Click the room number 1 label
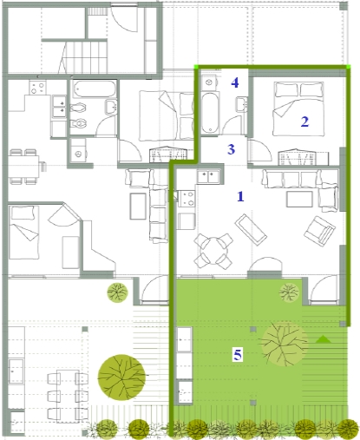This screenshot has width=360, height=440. click(x=240, y=196)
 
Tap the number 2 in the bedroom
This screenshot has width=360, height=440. click(x=304, y=121)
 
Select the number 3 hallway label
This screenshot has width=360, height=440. click(x=231, y=149)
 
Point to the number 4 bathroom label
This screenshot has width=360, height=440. click(x=235, y=82)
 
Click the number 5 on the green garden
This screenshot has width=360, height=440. click(x=238, y=354)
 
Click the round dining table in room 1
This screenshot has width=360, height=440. click(x=213, y=251)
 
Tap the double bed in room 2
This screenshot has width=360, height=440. click(x=298, y=108)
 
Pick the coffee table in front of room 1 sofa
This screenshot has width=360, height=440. click(x=299, y=199)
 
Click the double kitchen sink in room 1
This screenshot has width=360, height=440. click(x=209, y=176)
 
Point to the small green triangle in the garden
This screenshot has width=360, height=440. click(x=324, y=339)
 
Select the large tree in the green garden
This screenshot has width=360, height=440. click(x=284, y=344)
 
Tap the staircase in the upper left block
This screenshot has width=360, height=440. click(x=84, y=57)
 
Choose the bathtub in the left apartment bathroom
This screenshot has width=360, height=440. click(x=94, y=89)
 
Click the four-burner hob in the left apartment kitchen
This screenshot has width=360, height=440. click(x=37, y=88)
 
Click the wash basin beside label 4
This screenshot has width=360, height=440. click(x=242, y=104)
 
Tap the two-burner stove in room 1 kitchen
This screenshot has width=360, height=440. click(x=187, y=199)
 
